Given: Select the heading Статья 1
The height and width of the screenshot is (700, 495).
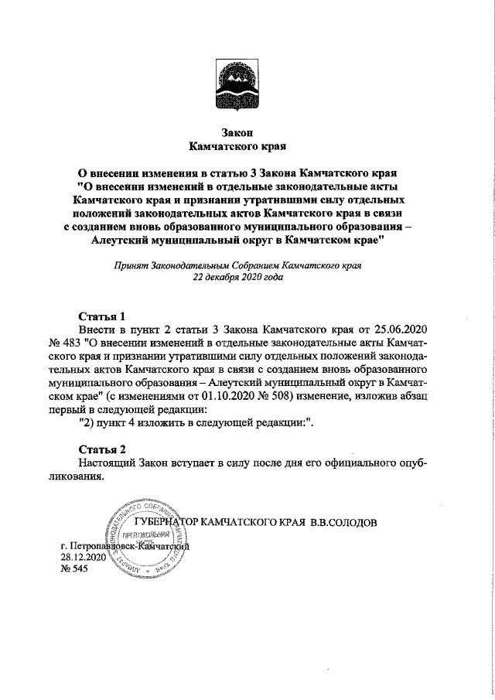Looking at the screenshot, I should coord(102,316).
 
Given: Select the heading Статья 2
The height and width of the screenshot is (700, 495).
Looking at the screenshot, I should coord(102,449).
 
